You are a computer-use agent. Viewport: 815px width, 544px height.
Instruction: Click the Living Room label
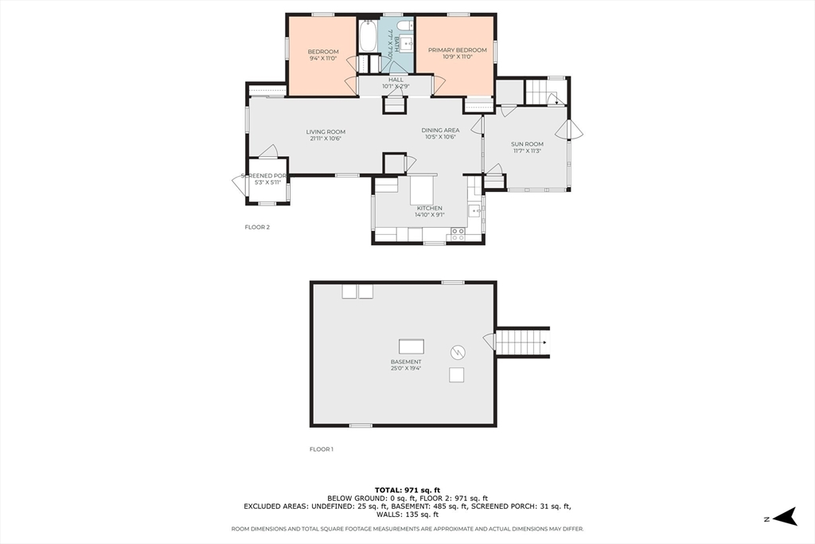[326, 132]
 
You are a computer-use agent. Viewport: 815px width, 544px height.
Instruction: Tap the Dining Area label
[440, 130]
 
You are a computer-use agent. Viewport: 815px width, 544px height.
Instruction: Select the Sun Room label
[527, 144]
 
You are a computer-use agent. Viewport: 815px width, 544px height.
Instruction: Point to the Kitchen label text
[429, 208]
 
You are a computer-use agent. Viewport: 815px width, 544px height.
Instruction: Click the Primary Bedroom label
[457, 50]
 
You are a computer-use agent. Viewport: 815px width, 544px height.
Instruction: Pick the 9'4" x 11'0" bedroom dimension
[323, 59]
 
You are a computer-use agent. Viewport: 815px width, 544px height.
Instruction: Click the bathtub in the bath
[368, 36]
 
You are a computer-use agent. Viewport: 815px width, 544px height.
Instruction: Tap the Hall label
[396, 80]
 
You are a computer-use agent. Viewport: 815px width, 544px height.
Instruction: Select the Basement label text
[406, 362]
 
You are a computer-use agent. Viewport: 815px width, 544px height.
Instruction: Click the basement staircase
[522, 342]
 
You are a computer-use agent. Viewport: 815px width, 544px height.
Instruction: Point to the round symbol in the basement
[458, 351]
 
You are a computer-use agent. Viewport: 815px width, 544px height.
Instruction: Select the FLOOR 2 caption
[257, 227]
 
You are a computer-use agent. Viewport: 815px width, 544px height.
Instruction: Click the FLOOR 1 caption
[322, 449]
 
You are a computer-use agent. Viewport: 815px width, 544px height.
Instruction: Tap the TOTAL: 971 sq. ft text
[407, 489]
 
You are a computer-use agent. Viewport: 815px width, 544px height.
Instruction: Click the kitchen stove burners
[458, 234]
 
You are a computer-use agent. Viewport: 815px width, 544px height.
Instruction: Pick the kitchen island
[421, 190]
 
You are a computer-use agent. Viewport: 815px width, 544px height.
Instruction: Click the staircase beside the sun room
[545, 92]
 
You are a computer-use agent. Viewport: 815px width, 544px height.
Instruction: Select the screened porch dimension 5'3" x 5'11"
[267, 182]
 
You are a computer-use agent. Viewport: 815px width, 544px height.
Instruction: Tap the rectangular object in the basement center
[411, 346]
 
